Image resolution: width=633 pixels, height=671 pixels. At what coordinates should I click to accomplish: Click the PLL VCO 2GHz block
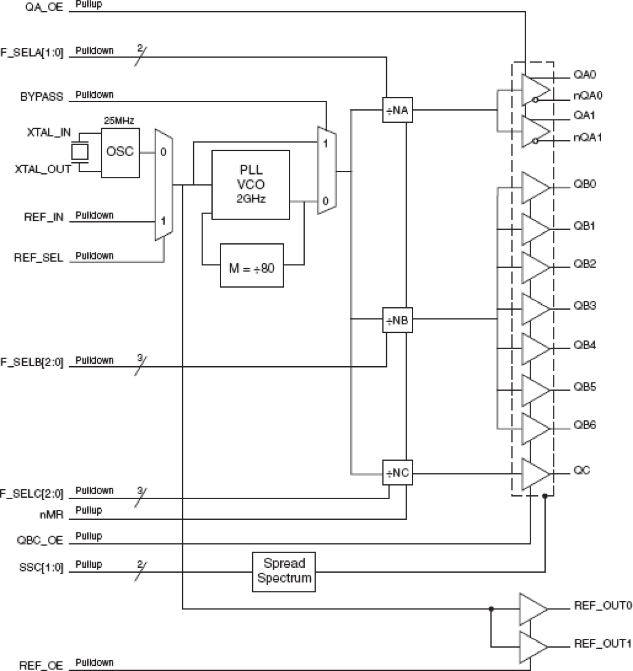coord(250,184)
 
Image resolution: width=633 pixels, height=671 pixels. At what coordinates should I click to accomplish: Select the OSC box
coord(120,152)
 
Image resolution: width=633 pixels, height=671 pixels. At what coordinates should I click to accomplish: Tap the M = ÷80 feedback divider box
coord(251,269)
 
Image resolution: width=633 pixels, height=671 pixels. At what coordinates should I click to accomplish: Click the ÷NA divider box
coord(397,110)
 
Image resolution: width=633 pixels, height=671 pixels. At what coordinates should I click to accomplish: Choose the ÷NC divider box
coord(397,473)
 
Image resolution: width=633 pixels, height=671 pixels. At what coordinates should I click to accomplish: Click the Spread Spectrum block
coord(284,571)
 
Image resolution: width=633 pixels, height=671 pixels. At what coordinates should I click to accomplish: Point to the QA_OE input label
coord(44,8)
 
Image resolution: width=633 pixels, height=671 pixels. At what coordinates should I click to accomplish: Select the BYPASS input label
coord(41,97)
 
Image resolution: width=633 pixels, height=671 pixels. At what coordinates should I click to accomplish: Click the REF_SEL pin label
coord(38,258)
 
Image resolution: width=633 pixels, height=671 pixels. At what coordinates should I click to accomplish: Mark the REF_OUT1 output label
coord(602,643)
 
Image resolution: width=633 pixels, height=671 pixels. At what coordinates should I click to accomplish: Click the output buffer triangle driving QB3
coord(535,309)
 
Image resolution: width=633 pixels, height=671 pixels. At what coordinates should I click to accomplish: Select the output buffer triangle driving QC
coord(535,474)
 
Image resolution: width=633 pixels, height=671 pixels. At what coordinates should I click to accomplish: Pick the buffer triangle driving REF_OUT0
coord(533,609)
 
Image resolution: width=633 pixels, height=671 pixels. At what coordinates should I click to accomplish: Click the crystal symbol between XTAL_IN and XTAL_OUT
coord(80,152)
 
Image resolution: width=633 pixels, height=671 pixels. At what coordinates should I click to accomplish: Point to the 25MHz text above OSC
coord(119,121)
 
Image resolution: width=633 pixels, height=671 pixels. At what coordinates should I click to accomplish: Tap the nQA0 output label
coord(588,96)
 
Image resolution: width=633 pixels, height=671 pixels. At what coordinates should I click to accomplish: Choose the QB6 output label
coord(585,425)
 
